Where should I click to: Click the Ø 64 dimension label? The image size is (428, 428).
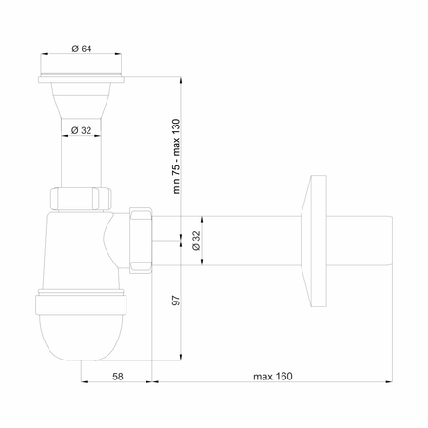pyautogui.click(x=82, y=49)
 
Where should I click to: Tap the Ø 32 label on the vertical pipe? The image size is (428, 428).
pyautogui.click(x=81, y=130)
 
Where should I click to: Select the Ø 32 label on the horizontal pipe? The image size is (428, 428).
pyautogui.click(x=197, y=241)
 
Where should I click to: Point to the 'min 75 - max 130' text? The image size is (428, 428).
pyautogui.click(x=176, y=156)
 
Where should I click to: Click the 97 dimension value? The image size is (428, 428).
pyautogui.click(x=176, y=301)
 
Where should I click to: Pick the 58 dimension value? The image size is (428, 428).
pyautogui.click(x=118, y=377)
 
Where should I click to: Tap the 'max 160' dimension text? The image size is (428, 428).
pyautogui.click(x=273, y=377)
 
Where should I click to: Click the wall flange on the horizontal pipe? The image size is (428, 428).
pyautogui.click(x=314, y=241)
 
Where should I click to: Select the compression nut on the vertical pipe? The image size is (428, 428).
pyautogui.click(x=81, y=199)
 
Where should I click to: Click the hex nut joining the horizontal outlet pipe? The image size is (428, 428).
pyautogui.click(x=141, y=241)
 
